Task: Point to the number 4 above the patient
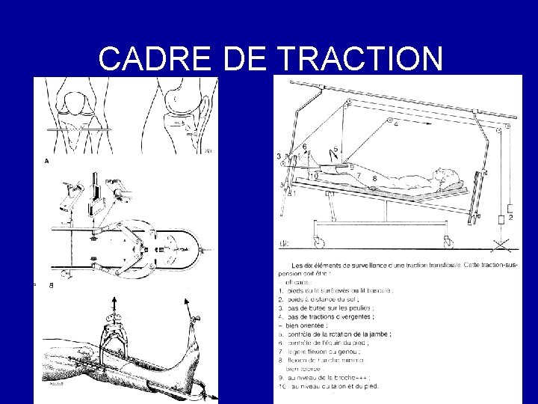click(x=396, y=123)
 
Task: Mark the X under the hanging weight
click(x=501, y=245)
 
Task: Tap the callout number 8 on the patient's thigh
click(x=374, y=179)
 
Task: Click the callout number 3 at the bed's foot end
click(x=278, y=156)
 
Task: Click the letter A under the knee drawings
click(x=48, y=160)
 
